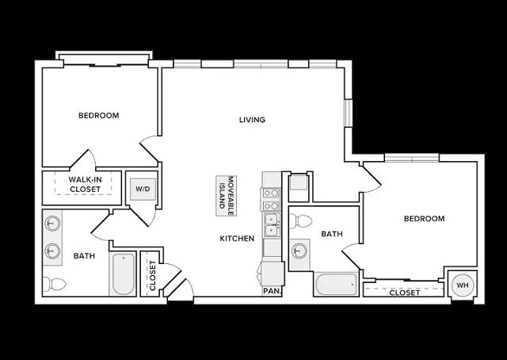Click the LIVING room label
pyautogui.click(x=252, y=120)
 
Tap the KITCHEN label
pyautogui.click(x=237, y=239)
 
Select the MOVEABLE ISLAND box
pyautogui.click(x=227, y=196)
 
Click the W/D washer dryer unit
pyautogui.click(x=143, y=189)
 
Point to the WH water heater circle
pyautogui.click(x=463, y=285)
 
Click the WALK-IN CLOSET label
pyautogui.click(x=85, y=185)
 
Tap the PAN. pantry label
pyautogui.click(x=272, y=291)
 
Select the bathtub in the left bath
pyautogui.click(x=123, y=274)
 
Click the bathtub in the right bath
pyautogui.click(x=336, y=284)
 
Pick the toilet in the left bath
pyautogui.click(x=54, y=285)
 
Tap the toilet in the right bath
pyautogui.click(x=301, y=221)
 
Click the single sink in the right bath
pyautogui.click(x=299, y=251)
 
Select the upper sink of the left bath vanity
pyautogui.click(x=52, y=223)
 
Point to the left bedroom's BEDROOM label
pyautogui.click(x=98, y=115)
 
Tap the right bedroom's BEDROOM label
pyautogui.click(x=425, y=219)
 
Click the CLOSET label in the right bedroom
pyautogui.click(x=405, y=293)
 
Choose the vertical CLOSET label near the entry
pyautogui.click(x=153, y=275)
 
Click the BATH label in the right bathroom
pyautogui.click(x=332, y=234)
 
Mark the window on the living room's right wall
pyautogui.click(x=348, y=113)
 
